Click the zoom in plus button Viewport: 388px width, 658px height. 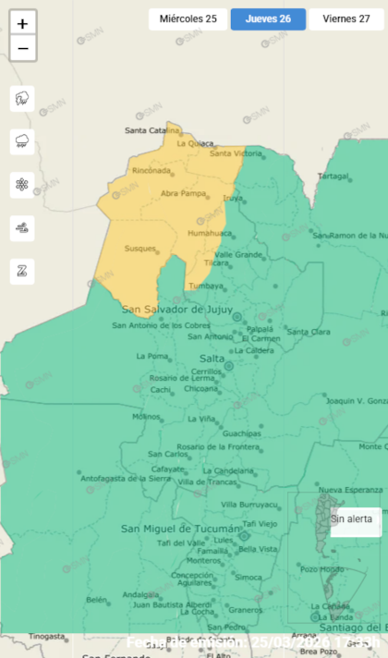[x=22, y=23]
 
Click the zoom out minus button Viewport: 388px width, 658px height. [x=22, y=48]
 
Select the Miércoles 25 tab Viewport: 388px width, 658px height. [x=188, y=18]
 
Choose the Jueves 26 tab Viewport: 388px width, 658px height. [x=268, y=18]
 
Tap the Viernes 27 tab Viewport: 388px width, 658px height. [x=346, y=18]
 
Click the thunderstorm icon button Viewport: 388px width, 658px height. [x=22, y=99]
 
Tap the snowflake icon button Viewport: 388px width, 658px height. [x=22, y=185]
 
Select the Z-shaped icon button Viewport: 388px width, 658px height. [x=22, y=271]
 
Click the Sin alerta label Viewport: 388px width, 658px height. [x=353, y=519]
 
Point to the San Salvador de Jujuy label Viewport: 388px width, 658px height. [x=177, y=309]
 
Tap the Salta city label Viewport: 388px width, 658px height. [x=212, y=358]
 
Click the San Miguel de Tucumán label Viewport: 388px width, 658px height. [x=181, y=528]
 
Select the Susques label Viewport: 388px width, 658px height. [x=139, y=250]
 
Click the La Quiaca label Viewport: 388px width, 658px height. [x=195, y=143]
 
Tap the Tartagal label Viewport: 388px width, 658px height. [x=333, y=176]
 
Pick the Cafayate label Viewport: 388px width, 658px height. [x=141, y=468]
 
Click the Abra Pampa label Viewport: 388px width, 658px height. [x=183, y=193]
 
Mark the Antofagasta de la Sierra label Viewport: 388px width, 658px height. [x=126, y=479]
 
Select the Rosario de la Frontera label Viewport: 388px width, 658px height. [x=218, y=446]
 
